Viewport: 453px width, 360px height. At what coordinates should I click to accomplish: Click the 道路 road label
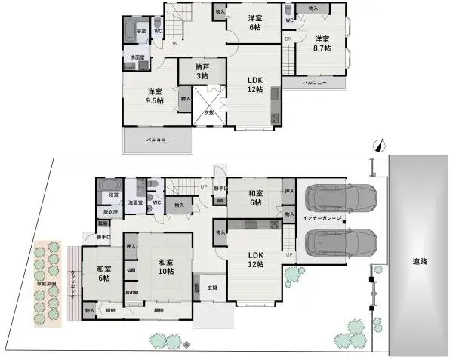420,261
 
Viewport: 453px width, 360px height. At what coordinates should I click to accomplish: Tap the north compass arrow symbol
379,145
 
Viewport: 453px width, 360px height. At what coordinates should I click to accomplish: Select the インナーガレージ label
322,219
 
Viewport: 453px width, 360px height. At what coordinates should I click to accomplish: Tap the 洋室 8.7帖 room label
322,44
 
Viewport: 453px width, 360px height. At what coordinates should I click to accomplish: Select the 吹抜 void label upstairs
208,112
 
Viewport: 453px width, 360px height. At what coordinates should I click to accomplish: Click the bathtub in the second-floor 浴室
135,32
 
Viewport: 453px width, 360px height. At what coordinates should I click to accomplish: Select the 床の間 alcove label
131,292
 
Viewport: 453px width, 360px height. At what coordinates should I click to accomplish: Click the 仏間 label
131,269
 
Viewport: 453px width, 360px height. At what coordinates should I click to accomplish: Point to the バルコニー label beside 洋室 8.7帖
315,82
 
